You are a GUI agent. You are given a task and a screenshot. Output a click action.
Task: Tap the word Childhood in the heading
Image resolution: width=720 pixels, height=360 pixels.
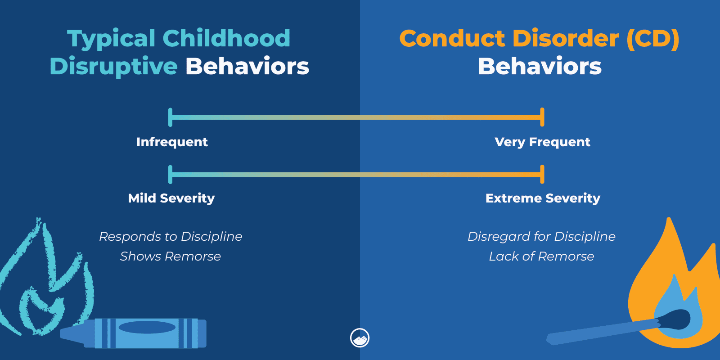(226, 38)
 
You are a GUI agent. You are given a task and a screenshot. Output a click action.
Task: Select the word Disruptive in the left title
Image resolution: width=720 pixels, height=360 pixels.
(113, 66)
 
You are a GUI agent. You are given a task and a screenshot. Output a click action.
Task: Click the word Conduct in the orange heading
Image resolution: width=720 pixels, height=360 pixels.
(453, 38)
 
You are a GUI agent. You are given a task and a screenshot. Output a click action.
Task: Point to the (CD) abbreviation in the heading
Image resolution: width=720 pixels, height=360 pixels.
(652, 38)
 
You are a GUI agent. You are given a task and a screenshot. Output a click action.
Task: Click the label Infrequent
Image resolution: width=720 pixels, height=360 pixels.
(172, 142)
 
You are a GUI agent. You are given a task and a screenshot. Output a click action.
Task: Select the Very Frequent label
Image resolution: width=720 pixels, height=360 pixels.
(542, 142)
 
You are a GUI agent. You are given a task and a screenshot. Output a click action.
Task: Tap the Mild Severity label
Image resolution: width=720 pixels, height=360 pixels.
(171, 198)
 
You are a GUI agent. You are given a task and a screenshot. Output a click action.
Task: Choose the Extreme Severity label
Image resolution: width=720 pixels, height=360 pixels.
(543, 198)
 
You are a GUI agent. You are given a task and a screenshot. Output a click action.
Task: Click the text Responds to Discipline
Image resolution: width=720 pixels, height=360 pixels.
(171, 237)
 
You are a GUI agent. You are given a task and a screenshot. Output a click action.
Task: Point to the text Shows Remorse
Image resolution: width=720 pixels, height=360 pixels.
(171, 256)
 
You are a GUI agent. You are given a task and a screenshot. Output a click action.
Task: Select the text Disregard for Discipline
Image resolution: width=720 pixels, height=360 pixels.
(541, 237)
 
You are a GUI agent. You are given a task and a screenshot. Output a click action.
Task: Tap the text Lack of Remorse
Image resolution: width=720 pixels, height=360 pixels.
(541, 256)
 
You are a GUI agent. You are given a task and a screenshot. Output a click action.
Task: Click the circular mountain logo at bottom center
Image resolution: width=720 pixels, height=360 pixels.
(360, 338)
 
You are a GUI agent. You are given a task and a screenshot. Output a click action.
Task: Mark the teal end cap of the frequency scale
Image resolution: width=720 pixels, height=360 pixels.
(170, 117)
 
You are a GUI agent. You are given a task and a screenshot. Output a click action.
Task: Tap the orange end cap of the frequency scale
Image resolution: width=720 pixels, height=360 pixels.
(542, 117)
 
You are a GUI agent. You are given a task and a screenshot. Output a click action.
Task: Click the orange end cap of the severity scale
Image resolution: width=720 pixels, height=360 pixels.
(542, 175)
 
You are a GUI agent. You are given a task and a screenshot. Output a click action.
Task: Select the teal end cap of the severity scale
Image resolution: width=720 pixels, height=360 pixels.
(170, 175)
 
